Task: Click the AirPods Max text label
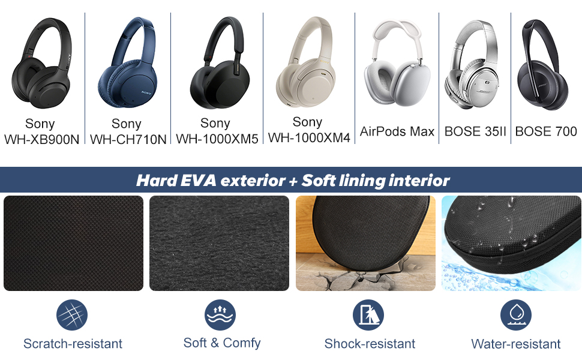point(397,131)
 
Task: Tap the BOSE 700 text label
point(546,131)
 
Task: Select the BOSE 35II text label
point(475,131)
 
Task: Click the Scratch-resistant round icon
point(72,315)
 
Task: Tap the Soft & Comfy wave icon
point(220,315)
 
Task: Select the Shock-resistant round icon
point(368,315)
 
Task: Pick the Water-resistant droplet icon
point(516,315)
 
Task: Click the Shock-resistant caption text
point(370,344)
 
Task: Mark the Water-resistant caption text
point(516,344)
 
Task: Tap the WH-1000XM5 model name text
point(217,139)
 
